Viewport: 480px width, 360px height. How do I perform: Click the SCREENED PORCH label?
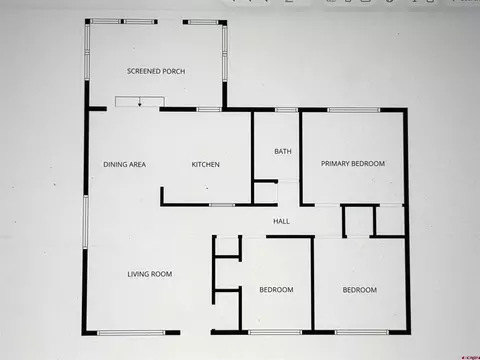click(156, 71)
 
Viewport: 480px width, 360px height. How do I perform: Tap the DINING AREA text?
click(124, 164)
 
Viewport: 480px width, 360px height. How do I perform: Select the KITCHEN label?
click(205, 164)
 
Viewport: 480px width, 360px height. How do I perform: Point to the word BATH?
click(283, 151)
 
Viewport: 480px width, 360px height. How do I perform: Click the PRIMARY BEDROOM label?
click(353, 164)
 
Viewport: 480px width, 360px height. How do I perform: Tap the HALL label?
click(281, 221)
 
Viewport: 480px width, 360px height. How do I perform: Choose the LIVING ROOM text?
click(150, 274)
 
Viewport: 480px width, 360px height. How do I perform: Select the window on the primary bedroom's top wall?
click(354, 110)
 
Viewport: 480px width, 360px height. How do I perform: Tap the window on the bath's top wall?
click(286, 110)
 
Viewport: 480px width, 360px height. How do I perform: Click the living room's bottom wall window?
click(131, 333)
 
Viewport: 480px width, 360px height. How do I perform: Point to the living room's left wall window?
click(86, 222)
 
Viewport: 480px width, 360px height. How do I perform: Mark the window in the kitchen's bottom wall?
click(222, 205)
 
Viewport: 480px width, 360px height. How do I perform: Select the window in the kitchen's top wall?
click(208, 109)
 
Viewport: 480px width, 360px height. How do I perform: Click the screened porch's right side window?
click(225, 53)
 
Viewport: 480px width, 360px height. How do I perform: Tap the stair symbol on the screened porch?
click(140, 102)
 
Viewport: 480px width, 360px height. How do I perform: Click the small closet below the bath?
click(266, 193)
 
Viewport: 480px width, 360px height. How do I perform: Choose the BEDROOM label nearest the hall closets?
click(276, 290)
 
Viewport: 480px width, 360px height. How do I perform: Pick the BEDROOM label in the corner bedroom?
click(360, 290)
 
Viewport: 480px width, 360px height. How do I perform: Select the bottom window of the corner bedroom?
click(362, 332)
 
